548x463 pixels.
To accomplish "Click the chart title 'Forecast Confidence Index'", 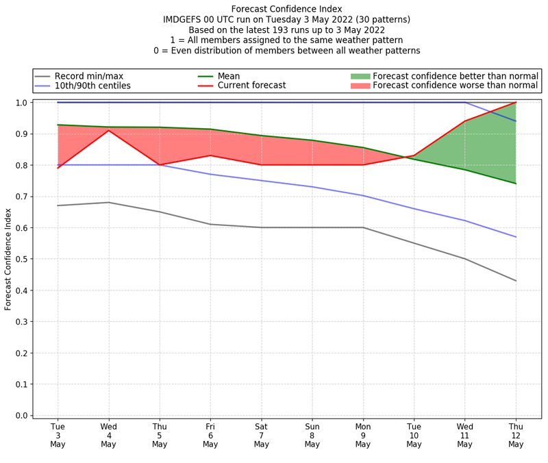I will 286,9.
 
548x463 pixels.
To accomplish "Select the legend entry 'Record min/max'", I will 89,76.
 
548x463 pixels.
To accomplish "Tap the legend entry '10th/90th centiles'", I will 92,86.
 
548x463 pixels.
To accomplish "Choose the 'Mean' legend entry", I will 229,76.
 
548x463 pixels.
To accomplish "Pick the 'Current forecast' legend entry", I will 251,86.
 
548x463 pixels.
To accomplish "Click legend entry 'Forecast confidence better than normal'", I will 456,76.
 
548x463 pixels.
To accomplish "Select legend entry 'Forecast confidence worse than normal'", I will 456,86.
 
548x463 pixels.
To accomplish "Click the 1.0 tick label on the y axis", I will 21,103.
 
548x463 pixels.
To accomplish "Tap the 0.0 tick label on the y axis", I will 21,416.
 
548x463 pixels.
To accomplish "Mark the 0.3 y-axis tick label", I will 21,322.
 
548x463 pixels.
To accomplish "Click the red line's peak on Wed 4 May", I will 109,130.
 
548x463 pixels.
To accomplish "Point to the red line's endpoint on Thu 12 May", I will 515,103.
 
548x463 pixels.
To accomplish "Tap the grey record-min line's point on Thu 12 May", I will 515,281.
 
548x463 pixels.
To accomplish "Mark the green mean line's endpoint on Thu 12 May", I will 515,184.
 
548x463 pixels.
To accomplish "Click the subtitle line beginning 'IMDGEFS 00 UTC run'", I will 286,20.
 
